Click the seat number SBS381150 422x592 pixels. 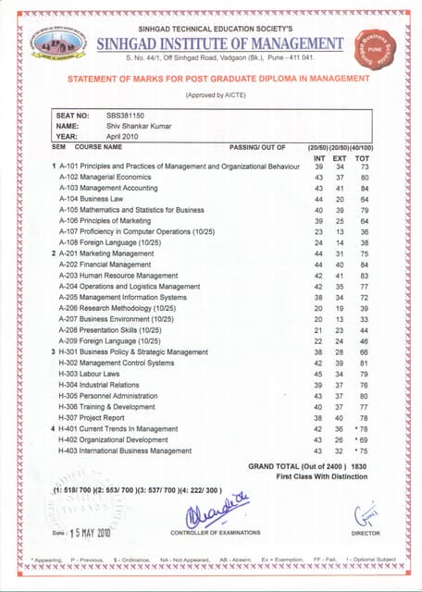coord(125,115)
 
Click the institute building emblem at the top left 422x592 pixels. coord(58,43)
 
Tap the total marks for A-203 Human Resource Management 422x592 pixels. coord(365,276)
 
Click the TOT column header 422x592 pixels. coord(364,157)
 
